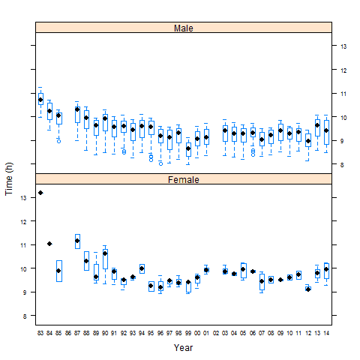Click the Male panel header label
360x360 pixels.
coord(183,28)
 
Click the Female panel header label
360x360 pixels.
coord(183,179)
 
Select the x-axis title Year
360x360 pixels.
coord(183,347)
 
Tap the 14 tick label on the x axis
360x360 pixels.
coord(326,331)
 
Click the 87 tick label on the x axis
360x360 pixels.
coord(77,331)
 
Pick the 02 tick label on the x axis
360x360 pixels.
coord(216,331)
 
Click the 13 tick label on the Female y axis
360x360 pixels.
coord(23,197)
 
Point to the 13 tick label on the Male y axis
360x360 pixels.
coord(343,46)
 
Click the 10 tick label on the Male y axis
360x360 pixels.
coord(343,118)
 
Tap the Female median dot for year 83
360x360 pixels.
coord(40,193)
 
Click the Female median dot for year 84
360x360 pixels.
coord(49,244)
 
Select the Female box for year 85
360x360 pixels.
coord(58,271)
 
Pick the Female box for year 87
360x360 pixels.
coord(77,241)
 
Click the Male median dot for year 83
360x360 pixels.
coord(40,100)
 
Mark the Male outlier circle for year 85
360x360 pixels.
coord(58,140)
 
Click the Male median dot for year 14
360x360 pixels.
coord(326,130)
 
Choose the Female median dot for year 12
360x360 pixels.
coord(307,289)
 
